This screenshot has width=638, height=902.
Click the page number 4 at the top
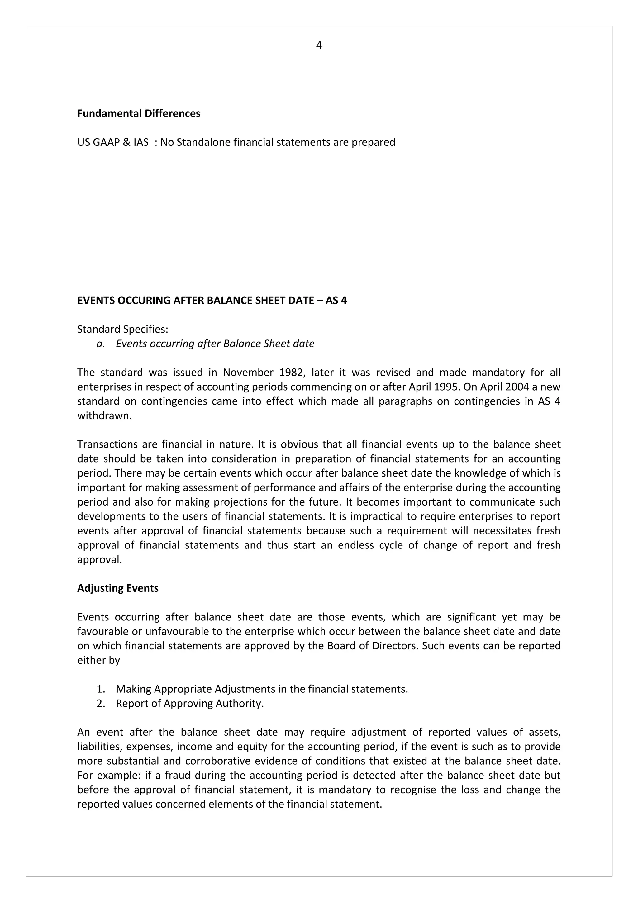[x=319, y=46]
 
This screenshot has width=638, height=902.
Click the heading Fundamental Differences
[x=139, y=114]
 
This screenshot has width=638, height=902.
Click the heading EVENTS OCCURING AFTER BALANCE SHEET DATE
[x=212, y=301]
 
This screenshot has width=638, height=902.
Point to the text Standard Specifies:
[x=122, y=329]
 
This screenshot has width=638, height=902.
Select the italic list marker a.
[x=101, y=344]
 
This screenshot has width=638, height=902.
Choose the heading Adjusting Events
[x=118, y=588]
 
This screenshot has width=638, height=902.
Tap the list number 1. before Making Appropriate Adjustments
[x=101, y=689]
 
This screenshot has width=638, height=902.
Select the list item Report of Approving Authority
[x=189, y=703]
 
